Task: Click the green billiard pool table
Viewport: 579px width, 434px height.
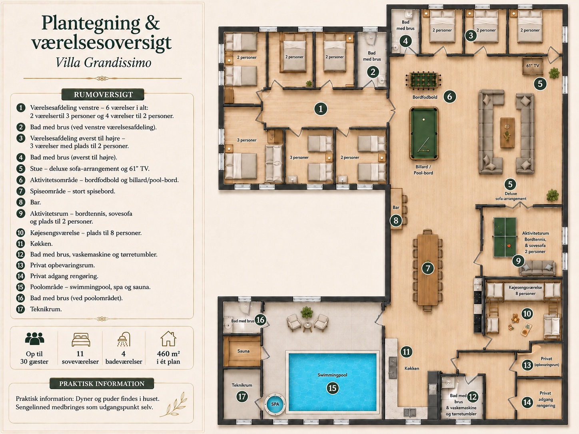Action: tap(424, 133)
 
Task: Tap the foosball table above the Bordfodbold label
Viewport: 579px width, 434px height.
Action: tap(423, 80)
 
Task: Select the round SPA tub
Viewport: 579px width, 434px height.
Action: tap(275, 404)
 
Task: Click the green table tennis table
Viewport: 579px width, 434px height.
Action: tap(505, 237)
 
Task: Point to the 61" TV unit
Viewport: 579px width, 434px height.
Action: tap(533, 66)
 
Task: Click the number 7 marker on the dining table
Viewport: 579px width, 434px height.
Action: tap(428, 269)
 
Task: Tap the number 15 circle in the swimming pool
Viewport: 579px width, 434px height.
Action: tap(332, 388)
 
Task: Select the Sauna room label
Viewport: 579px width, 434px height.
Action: tap(243, 351)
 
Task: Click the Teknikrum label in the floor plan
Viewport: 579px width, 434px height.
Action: tap(242, 385)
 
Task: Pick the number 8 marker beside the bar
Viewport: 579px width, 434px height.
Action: tap(396, 220)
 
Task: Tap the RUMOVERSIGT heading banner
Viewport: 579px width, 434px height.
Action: tap(103, 95)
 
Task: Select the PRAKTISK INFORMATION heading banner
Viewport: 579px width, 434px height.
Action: tap(102, 384)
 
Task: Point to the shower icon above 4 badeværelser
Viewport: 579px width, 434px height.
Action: tap(124, 339)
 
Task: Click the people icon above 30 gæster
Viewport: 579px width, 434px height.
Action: tap(34, 338)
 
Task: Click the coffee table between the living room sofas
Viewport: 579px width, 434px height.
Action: tap(507, 133)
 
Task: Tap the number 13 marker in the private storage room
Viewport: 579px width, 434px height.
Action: tap(527, 365)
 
